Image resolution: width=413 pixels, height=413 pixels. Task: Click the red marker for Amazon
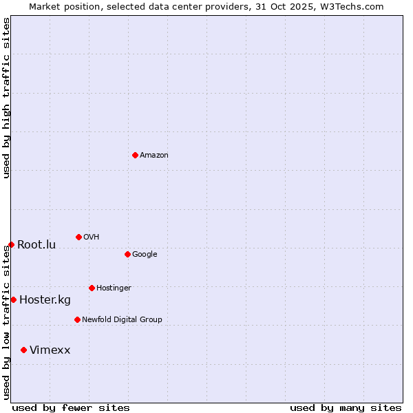(x=135, y=155)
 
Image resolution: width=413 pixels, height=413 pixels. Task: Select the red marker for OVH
(x=78, y=237)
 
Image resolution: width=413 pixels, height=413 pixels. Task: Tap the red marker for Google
(x=127, y=254)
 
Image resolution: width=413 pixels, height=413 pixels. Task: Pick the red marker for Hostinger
(x=92, y=288)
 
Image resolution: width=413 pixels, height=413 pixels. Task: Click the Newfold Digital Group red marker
(x=77, y=319)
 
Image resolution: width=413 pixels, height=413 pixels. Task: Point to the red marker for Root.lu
(x=11, y=244)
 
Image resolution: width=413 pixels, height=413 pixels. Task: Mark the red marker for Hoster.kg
(x=13, y=299)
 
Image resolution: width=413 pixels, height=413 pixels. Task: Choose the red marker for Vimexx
(x=23, y=350)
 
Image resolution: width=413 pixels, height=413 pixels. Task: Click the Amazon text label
(x=154, y=155)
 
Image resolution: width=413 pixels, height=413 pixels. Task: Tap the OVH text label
(x=92, y=237)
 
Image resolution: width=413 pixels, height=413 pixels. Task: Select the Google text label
(x=145, y=254)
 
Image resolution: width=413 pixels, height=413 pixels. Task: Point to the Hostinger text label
(x=114, y=288)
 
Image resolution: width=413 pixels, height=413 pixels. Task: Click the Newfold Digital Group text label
(x=122, y=319)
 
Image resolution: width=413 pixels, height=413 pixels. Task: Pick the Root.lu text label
(x=36, y=244)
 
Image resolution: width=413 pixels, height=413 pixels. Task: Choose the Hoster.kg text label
(x=45, y=299)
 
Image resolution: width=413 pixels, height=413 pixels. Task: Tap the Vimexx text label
(x=50, y=350)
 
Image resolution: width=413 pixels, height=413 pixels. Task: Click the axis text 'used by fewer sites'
(x=71, y=407)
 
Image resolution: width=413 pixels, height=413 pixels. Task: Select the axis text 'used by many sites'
(x=346, y=407)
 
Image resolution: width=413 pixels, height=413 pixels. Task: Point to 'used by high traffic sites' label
(x=6, y=98)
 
